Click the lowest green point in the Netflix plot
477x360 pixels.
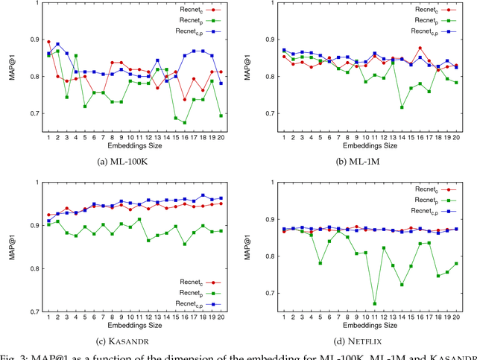(x=374, y=303)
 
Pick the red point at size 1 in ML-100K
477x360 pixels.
(x=49, y=42)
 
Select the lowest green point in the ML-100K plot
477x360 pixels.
(x=185, y=122)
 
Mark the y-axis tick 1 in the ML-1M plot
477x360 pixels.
(x=277, y=4)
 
